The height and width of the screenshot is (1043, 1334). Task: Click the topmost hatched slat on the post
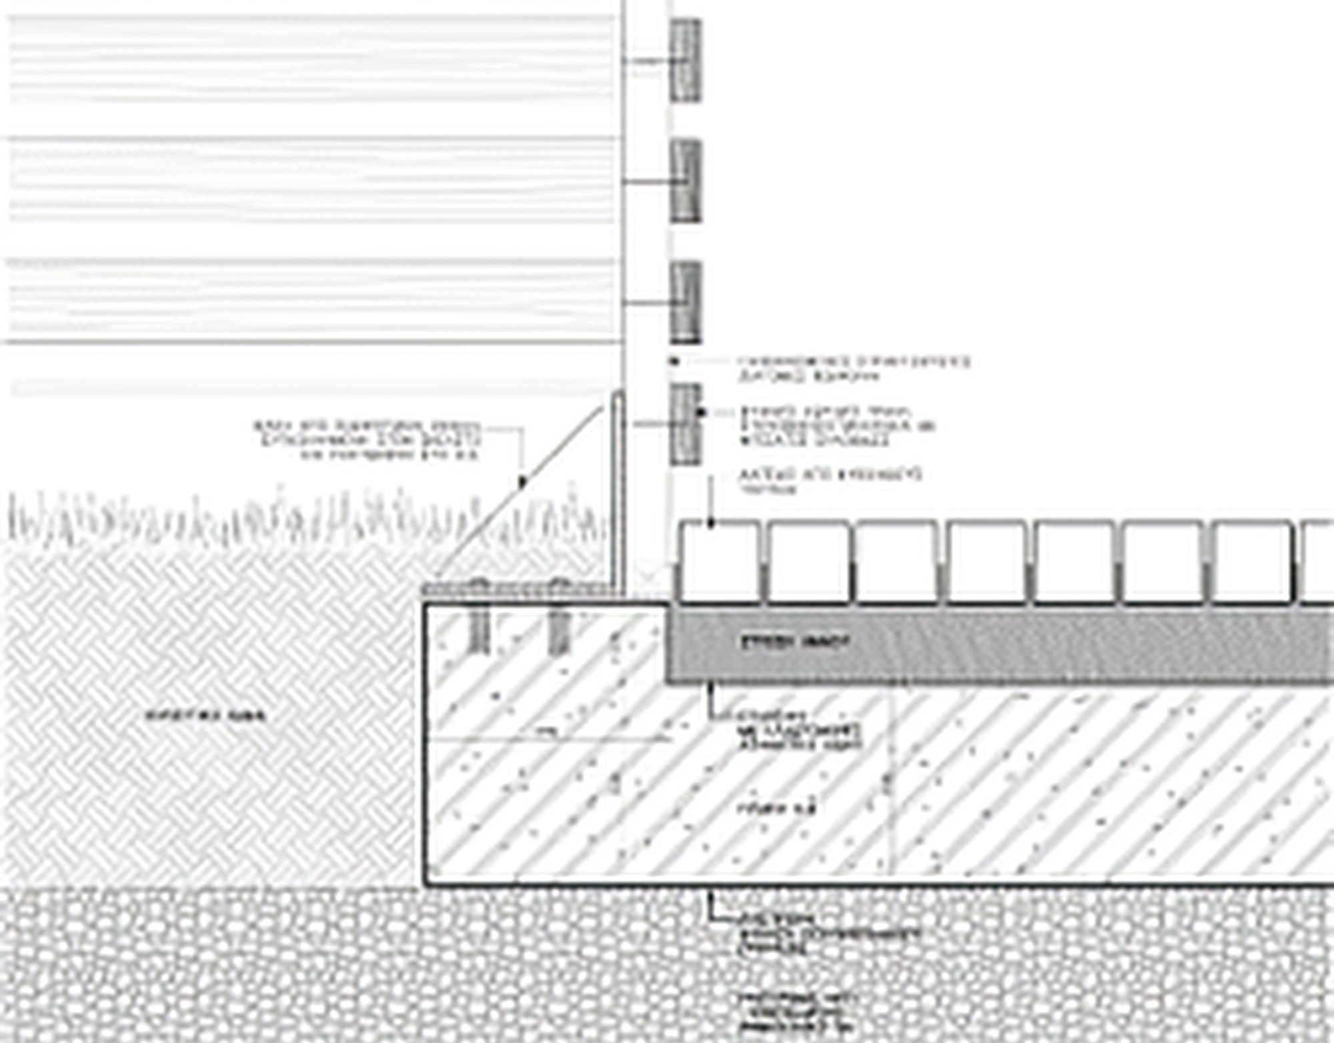pos(685,60)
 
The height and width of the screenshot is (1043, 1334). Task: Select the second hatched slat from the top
pos(685,181)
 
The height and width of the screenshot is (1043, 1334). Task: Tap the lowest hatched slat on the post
pos(685,424)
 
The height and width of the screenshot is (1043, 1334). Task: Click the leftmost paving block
pos(720,562)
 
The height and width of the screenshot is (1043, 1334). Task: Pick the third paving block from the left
pos(896,562)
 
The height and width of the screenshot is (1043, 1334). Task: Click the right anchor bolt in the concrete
pos(558,627)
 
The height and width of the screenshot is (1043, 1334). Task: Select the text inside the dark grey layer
pos(796,643)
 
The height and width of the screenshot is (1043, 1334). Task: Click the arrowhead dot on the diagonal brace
pos(523,481)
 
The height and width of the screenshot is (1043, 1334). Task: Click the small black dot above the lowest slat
pos(674,361)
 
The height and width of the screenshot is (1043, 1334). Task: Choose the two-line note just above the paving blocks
pos(830,481)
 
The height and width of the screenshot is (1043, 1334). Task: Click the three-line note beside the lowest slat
pos(838,426)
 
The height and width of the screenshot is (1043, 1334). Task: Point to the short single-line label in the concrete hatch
pos(777,809)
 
